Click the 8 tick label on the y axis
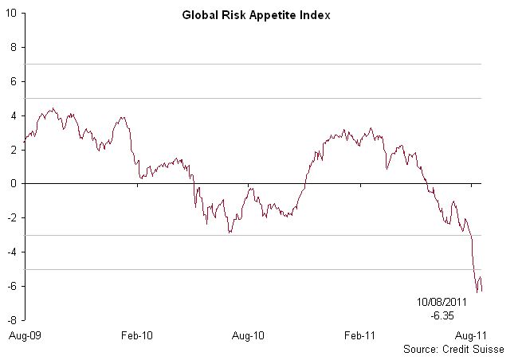(14, 47)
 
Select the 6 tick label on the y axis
(14, 81)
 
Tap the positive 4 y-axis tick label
(14, 115)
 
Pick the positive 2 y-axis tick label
(14, 150)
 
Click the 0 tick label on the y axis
(14, 184)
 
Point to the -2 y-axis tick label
(13, 218)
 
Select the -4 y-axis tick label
(13, 252)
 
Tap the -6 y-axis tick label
(13, 287)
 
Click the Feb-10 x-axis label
(137, 336)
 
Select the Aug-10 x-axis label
(249, 336)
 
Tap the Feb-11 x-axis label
(360, 336)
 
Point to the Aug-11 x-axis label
(472, 336)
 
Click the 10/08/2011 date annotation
(438, 303)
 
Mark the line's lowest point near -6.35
(477, 292)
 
